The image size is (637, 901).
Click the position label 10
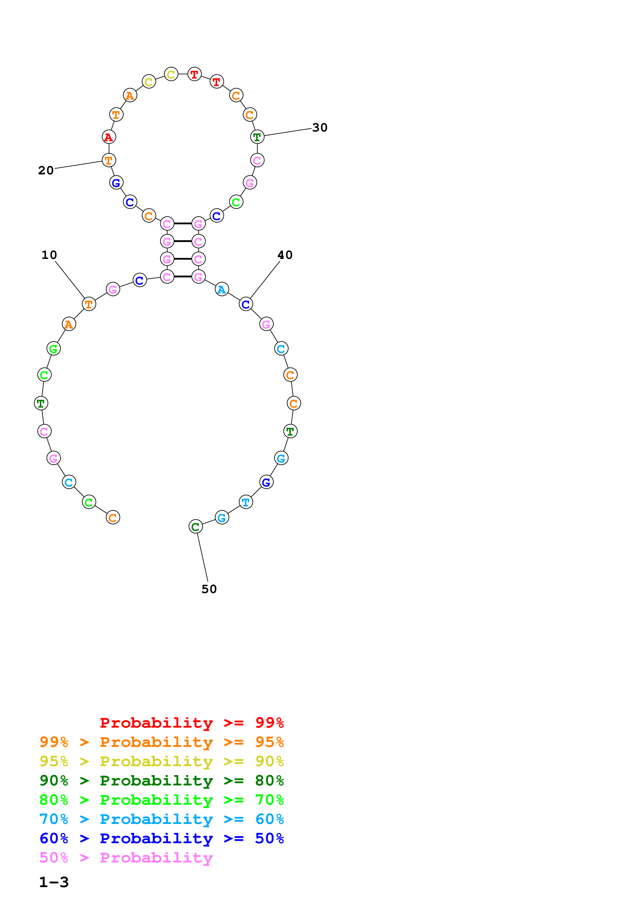49,255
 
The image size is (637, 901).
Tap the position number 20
45,170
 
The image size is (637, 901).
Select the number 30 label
319,128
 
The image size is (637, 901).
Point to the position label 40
285,255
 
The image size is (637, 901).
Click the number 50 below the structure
209,589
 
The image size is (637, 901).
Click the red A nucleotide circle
109,137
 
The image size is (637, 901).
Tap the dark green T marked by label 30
257,137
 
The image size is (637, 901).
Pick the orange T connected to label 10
89,304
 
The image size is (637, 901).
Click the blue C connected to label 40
246,304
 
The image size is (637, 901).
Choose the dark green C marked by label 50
196,527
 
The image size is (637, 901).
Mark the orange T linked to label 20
109,160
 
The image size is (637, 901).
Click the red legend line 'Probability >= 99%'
191,722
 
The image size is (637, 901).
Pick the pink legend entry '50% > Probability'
126,857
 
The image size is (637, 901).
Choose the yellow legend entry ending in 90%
161,761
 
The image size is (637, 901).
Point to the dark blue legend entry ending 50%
161,838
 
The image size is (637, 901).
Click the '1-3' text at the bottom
54,882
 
